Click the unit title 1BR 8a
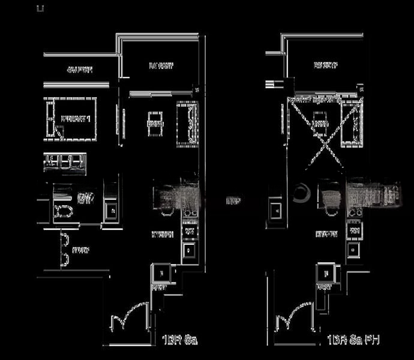179,340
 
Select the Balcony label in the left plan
160,67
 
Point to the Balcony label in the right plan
326,65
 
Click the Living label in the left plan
154,124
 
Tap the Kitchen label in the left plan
163,235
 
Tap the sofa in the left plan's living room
187,124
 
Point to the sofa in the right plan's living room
352,124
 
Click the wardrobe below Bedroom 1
65,164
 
